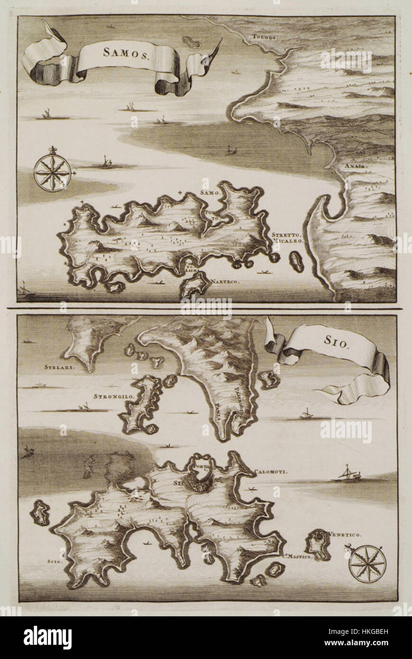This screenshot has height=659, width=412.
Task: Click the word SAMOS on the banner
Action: tap(127, 53)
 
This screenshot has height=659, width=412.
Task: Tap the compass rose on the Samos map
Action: tap(53, 173)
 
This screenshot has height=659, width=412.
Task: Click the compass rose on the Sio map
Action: tap(367, 564)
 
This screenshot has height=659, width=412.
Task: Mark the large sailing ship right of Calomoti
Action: tap(346, 475)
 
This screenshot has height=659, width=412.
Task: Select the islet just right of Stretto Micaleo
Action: tap(297, 261)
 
